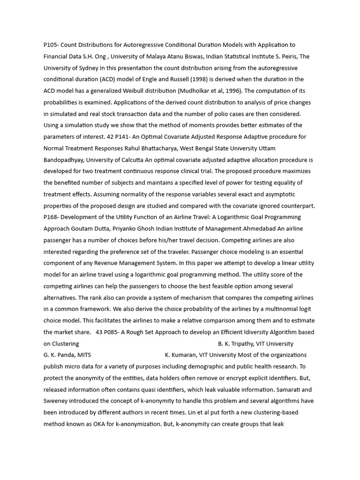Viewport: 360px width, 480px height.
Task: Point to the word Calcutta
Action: pos(129,160)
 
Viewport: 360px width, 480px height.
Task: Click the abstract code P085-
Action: pos(117,332)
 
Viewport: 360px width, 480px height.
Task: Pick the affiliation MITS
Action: pos(84,355)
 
